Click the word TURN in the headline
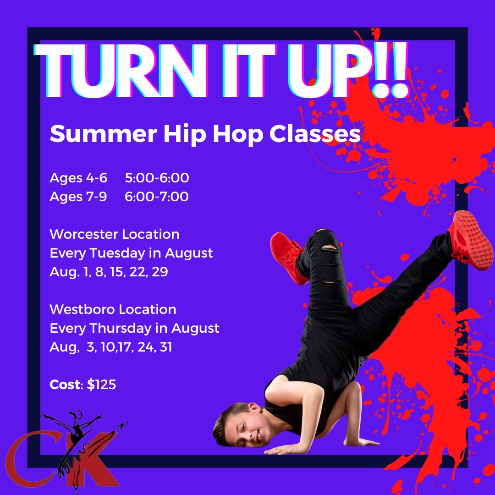coord(121,71)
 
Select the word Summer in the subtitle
coord(103,133)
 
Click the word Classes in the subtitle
coord(315,133)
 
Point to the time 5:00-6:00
coord(157,178)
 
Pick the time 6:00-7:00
coord(157,197)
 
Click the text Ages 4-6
coord(78,178)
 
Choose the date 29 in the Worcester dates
coord(160,272)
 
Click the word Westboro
coord(82,309)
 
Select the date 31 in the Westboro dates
coord(166,347)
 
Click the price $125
coord(101,385)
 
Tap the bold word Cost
coord(65,385)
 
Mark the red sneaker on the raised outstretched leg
coord(469,240)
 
